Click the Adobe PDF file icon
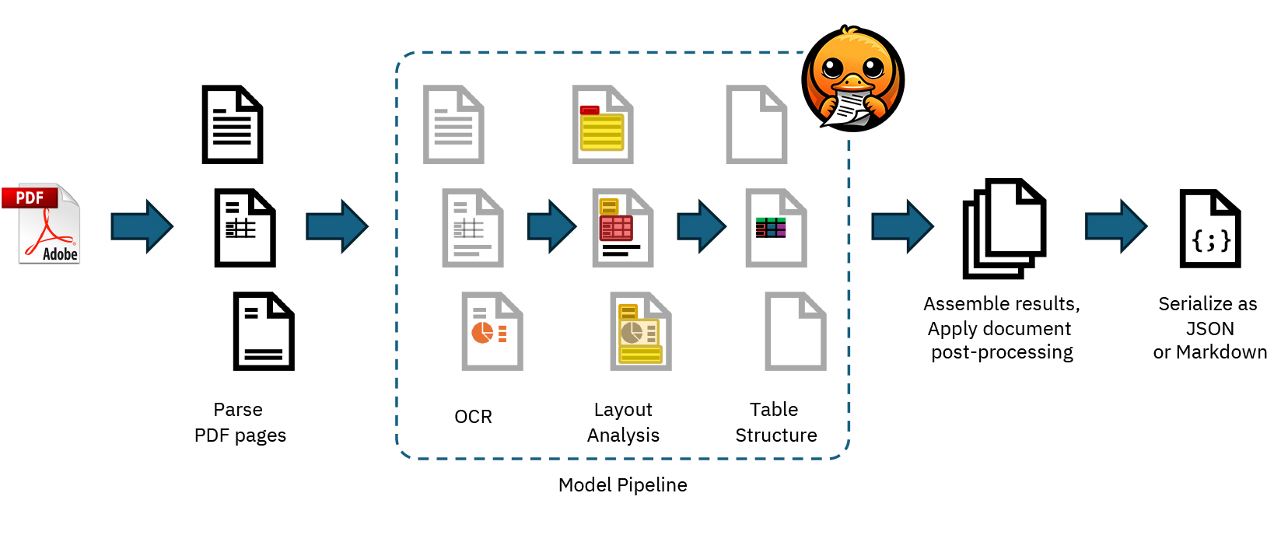coord(49,224)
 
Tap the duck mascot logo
coord(852,79)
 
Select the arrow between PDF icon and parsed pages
coord(142,226)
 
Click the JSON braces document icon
coord(1209,229)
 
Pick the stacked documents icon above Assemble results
coord(1003,228)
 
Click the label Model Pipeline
coord(622,485)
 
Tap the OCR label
coord(473,417)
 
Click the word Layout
coord(622,410)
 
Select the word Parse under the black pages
coord(238,410)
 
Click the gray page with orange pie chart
coord(492,331)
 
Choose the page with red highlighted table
coord(622,228)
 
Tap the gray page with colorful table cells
coord(775,228)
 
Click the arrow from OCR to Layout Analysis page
coord(551,226)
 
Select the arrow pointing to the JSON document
coord(1116,226)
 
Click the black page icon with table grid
coord(244,228)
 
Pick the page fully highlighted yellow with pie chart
coord(641,331)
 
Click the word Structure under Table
coord(776,435)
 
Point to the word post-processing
coord(1002,352)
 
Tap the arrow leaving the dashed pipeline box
coord(902,226)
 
